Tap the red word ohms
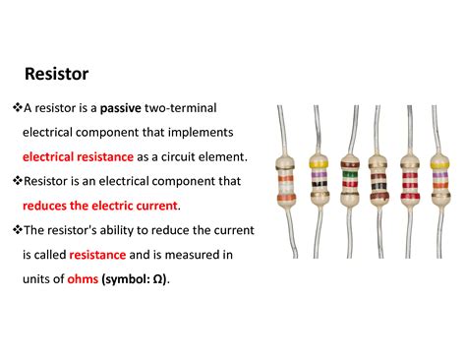click(82, 278)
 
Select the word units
click(37, 278)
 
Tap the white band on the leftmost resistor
click(287, 182)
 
